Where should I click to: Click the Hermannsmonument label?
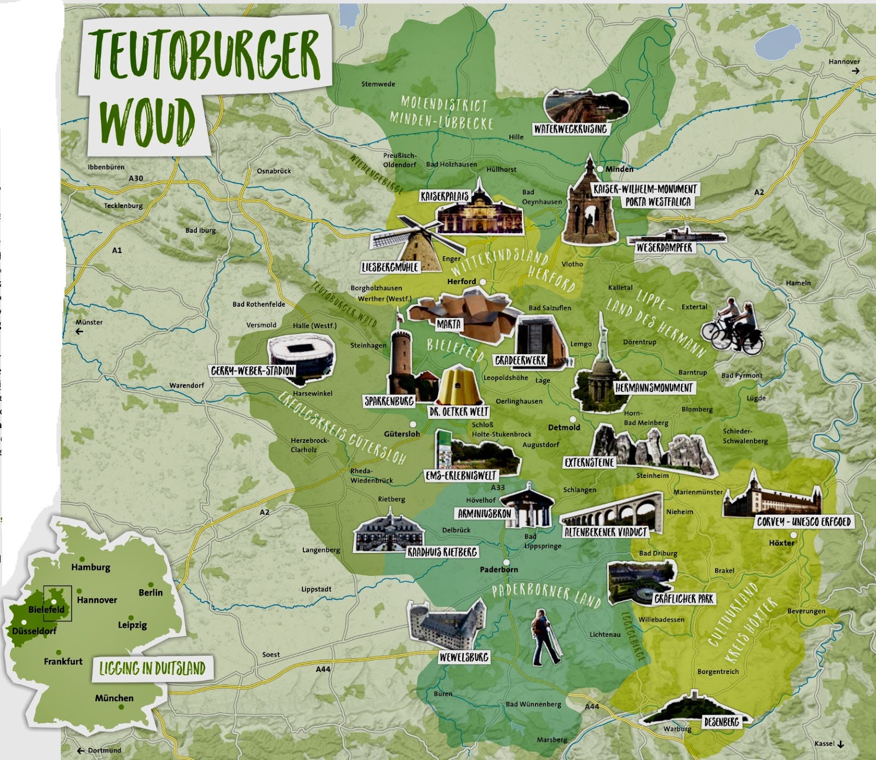click(654, 388)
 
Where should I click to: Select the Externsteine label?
click(589, 463)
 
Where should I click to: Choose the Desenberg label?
click(722, 722)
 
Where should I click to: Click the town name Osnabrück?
click(274, 171)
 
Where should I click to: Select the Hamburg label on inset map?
click(90, 567)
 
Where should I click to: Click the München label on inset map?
click(114, 698)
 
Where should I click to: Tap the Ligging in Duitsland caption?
click(152, 669)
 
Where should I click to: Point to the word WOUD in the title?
click(147, 123)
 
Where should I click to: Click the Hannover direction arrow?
click(855, 71)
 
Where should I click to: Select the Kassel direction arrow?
click(840, 744)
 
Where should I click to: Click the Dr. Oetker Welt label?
click(459, 411)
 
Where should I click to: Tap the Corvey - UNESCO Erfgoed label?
click(803, 522)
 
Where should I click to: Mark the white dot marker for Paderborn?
click(506, 562)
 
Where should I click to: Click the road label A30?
click(136, 179)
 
